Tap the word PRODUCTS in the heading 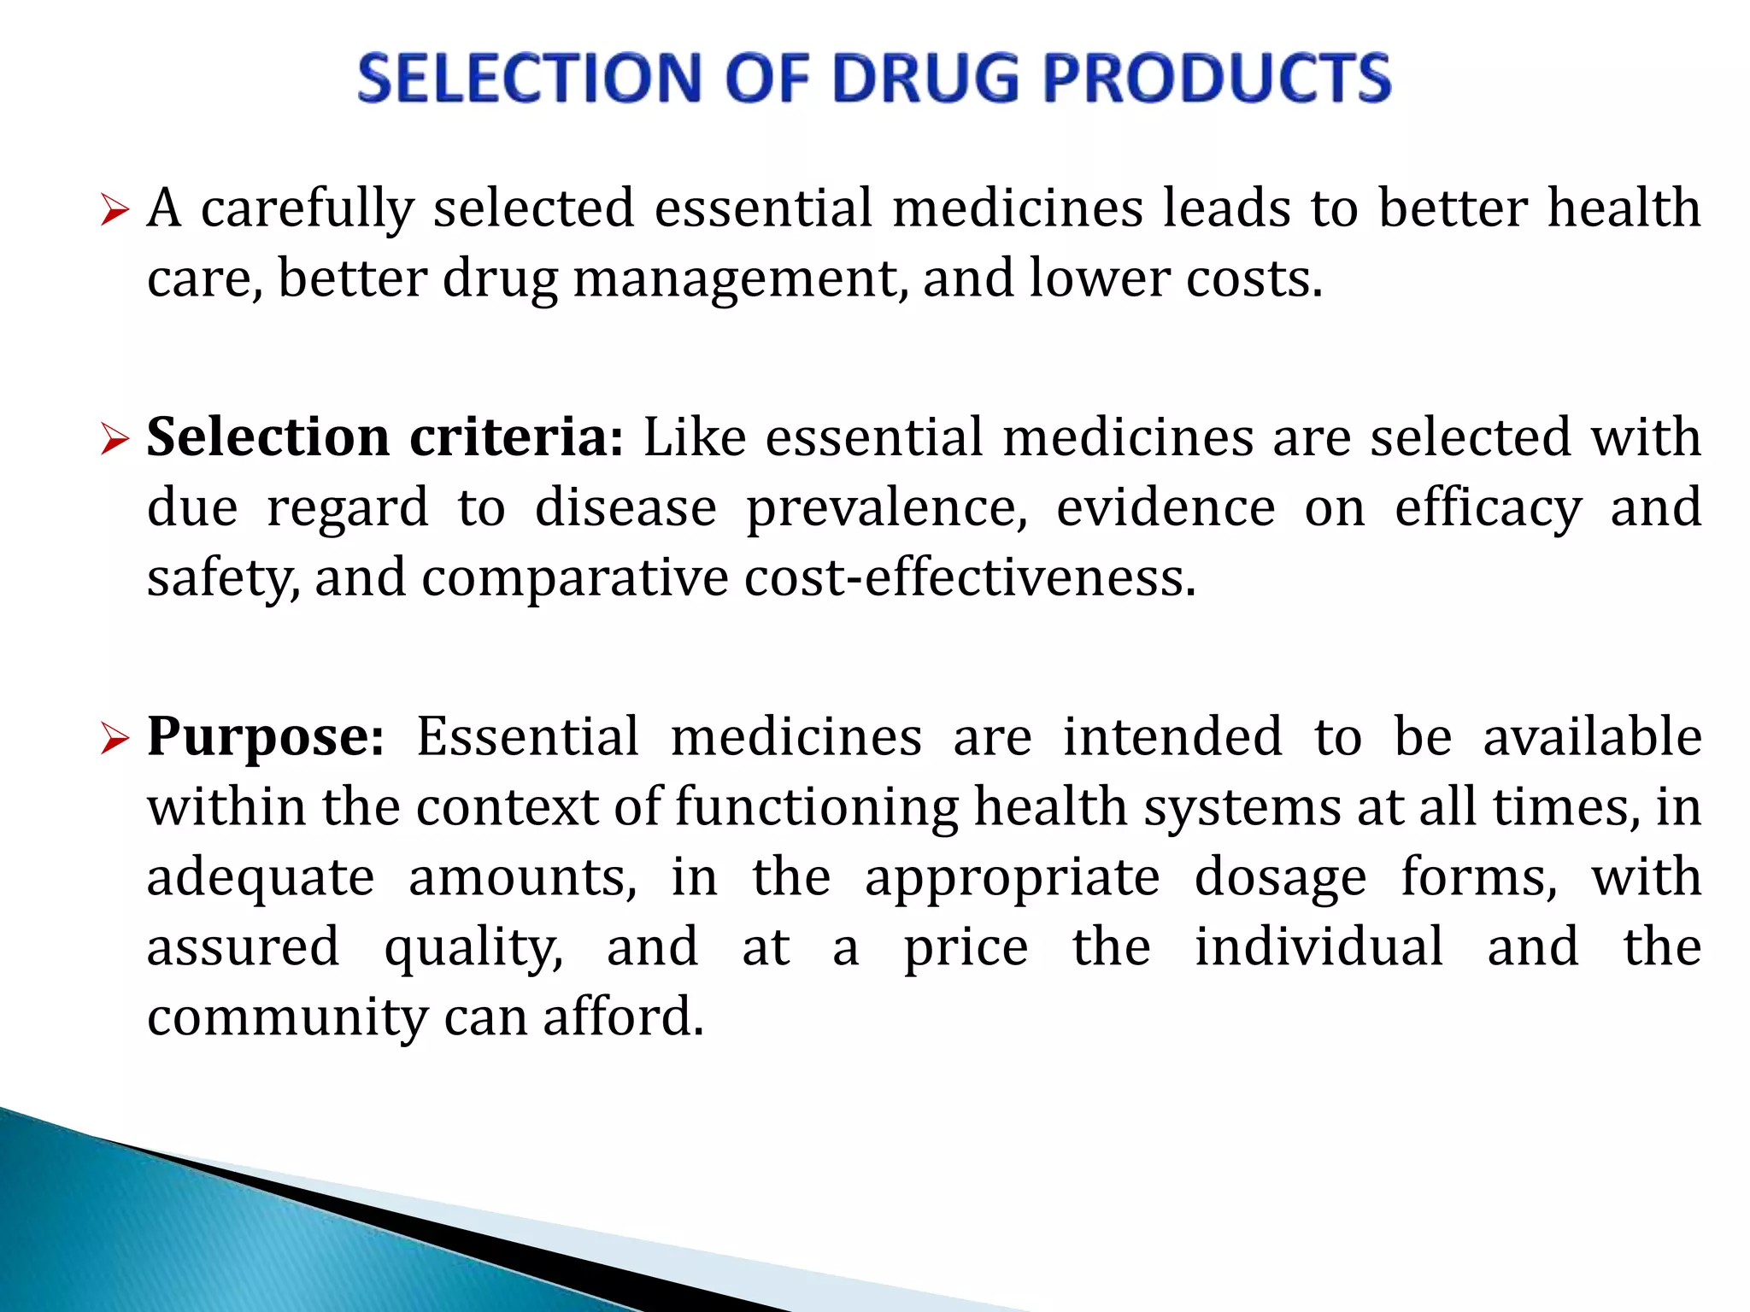(1217, 78)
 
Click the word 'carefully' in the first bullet (308, 208)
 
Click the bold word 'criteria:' (517, 437)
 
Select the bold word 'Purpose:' (266, 736)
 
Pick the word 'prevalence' (887, 508)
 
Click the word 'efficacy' (1488, 508)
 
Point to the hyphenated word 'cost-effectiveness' (970, 578)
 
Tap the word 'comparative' (574, 578)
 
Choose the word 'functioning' (817, 807)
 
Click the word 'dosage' (1280, 877)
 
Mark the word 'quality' (473, 948)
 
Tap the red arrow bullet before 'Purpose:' (114, 738)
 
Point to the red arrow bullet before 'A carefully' (114, 210)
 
